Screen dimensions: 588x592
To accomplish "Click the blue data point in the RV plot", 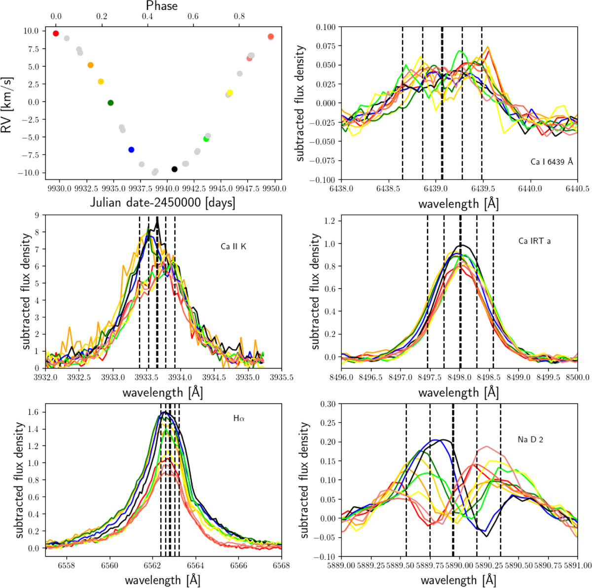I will point(131,149).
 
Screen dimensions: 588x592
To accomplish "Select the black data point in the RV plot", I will point(174,169).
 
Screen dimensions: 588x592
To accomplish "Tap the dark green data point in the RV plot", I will point(111,103).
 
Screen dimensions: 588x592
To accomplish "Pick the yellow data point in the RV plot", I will point(229,93).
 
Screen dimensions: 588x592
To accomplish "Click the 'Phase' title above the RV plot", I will point(162,6).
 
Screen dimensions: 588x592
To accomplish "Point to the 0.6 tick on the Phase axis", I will point(193,16).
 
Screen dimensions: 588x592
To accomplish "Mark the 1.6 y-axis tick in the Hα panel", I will point(34,412).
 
